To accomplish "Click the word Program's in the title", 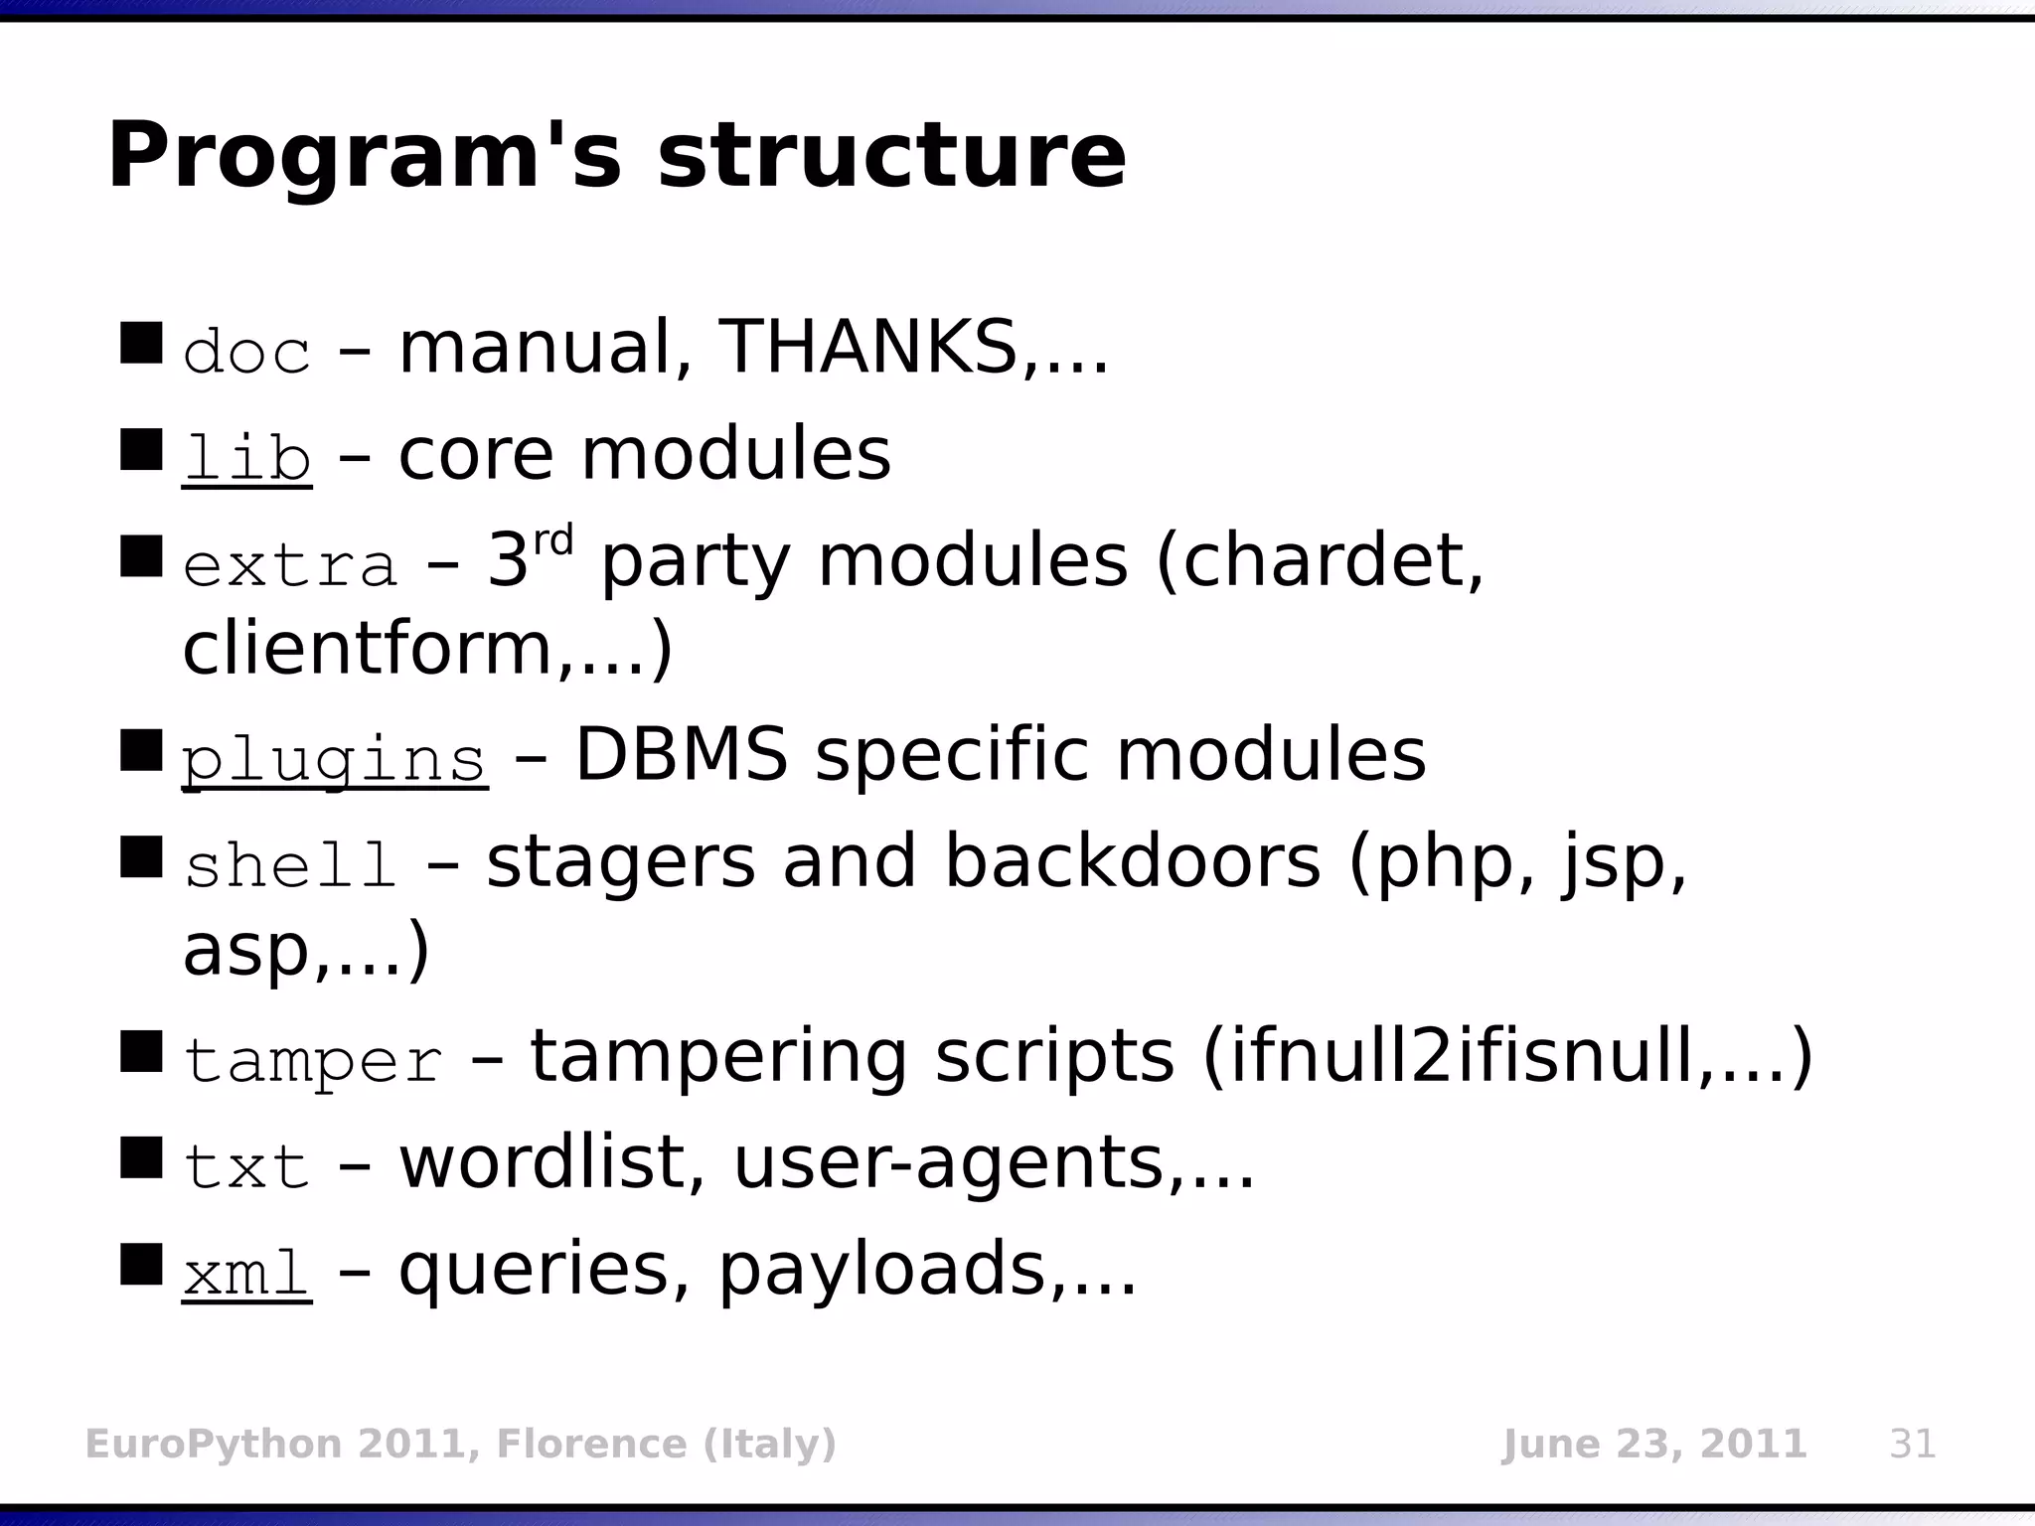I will tap(364, 157).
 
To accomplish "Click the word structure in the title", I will tap(891, 157).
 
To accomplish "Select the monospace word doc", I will tap(246, 353).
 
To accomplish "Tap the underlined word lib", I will tap(246, 458).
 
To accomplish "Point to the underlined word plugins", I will tap(334, 760).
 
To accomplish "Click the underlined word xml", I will tap(246, 1274).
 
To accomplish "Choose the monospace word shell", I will tap(290, 865).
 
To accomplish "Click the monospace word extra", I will tap(290, 565).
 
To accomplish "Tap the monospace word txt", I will tap(246, 1167).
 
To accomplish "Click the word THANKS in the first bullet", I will tap(867, 348).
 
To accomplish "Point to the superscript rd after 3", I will tap(553, 541).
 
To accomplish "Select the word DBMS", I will tap(682, 755).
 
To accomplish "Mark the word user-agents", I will tap(949, 1163).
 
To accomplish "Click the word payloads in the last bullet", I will tap(882, 1270).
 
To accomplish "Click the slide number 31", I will tap(1912, 1444).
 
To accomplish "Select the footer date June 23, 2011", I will tap(1653, 1444).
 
